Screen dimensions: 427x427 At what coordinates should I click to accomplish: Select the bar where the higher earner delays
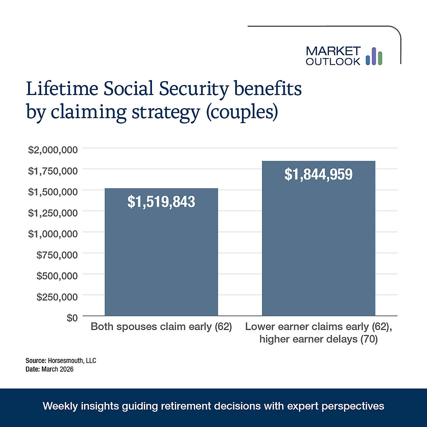click(318, 246)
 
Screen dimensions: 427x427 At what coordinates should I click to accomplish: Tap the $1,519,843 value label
click(161, 202)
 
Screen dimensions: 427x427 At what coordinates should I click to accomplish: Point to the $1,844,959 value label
click(318, 174)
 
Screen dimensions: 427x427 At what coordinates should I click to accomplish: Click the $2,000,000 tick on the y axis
click(53, 149)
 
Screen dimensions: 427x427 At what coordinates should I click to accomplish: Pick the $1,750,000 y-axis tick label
click(53, 170)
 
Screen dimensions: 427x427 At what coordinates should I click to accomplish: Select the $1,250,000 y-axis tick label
click(53, 212)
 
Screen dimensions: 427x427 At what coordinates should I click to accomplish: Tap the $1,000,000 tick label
click(53, 234)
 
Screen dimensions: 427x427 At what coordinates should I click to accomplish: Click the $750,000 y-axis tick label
click(57, 254)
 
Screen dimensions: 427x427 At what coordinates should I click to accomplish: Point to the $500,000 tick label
click(57, 275)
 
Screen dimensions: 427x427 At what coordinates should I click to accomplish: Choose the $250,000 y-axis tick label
click(57, 297)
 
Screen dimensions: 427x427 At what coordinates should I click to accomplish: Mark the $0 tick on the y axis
click(72, 317)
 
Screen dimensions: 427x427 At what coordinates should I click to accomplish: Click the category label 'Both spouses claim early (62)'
click(161, 327)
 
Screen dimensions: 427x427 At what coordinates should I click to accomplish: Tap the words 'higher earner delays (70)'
click(318, 339)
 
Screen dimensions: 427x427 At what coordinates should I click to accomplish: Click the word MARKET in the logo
click(333, 51)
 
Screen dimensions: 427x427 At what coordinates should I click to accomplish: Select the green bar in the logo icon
click(380, 58)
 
